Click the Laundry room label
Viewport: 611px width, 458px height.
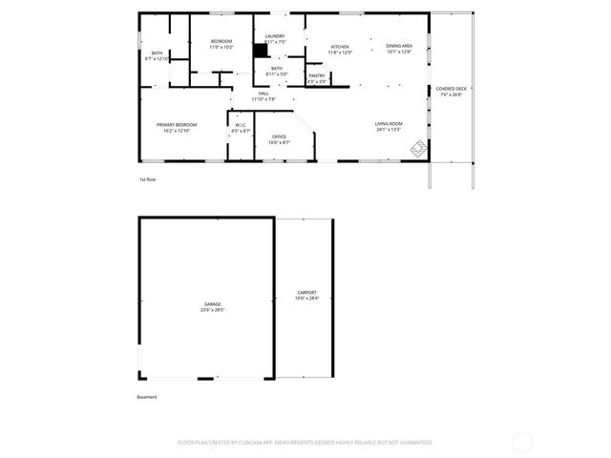point(275,36)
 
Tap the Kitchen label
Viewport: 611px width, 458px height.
point(340,47)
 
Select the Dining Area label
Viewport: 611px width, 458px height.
point(399,46)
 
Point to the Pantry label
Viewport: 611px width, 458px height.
point(317,75)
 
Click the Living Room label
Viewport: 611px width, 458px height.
point(389,123)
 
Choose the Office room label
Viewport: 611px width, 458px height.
point(279,136)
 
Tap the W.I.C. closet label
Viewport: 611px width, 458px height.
point(241,124)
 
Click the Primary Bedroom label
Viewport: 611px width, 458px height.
point(177,124)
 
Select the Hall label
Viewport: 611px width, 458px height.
point(263,93)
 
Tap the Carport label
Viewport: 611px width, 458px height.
point(306,293)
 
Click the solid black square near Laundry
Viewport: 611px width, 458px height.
point(260,53)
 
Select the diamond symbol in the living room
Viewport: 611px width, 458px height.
point(418,149)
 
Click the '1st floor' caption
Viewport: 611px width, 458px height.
point(147,179)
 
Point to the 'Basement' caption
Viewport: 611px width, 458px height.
point(147,397)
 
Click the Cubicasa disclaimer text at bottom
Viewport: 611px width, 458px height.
point(305,443)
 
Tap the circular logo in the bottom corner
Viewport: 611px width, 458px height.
point(521,442)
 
